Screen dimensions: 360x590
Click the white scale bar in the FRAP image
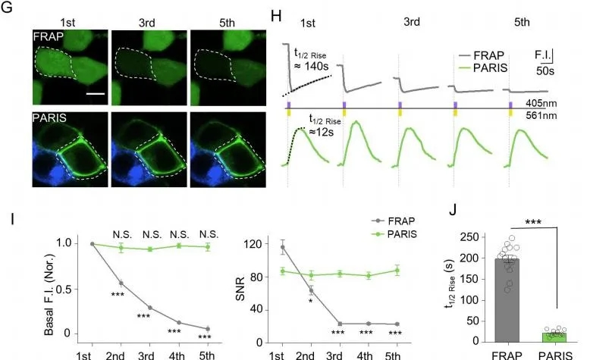pos(95,94)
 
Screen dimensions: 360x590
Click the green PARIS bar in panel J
pos(554,336)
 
